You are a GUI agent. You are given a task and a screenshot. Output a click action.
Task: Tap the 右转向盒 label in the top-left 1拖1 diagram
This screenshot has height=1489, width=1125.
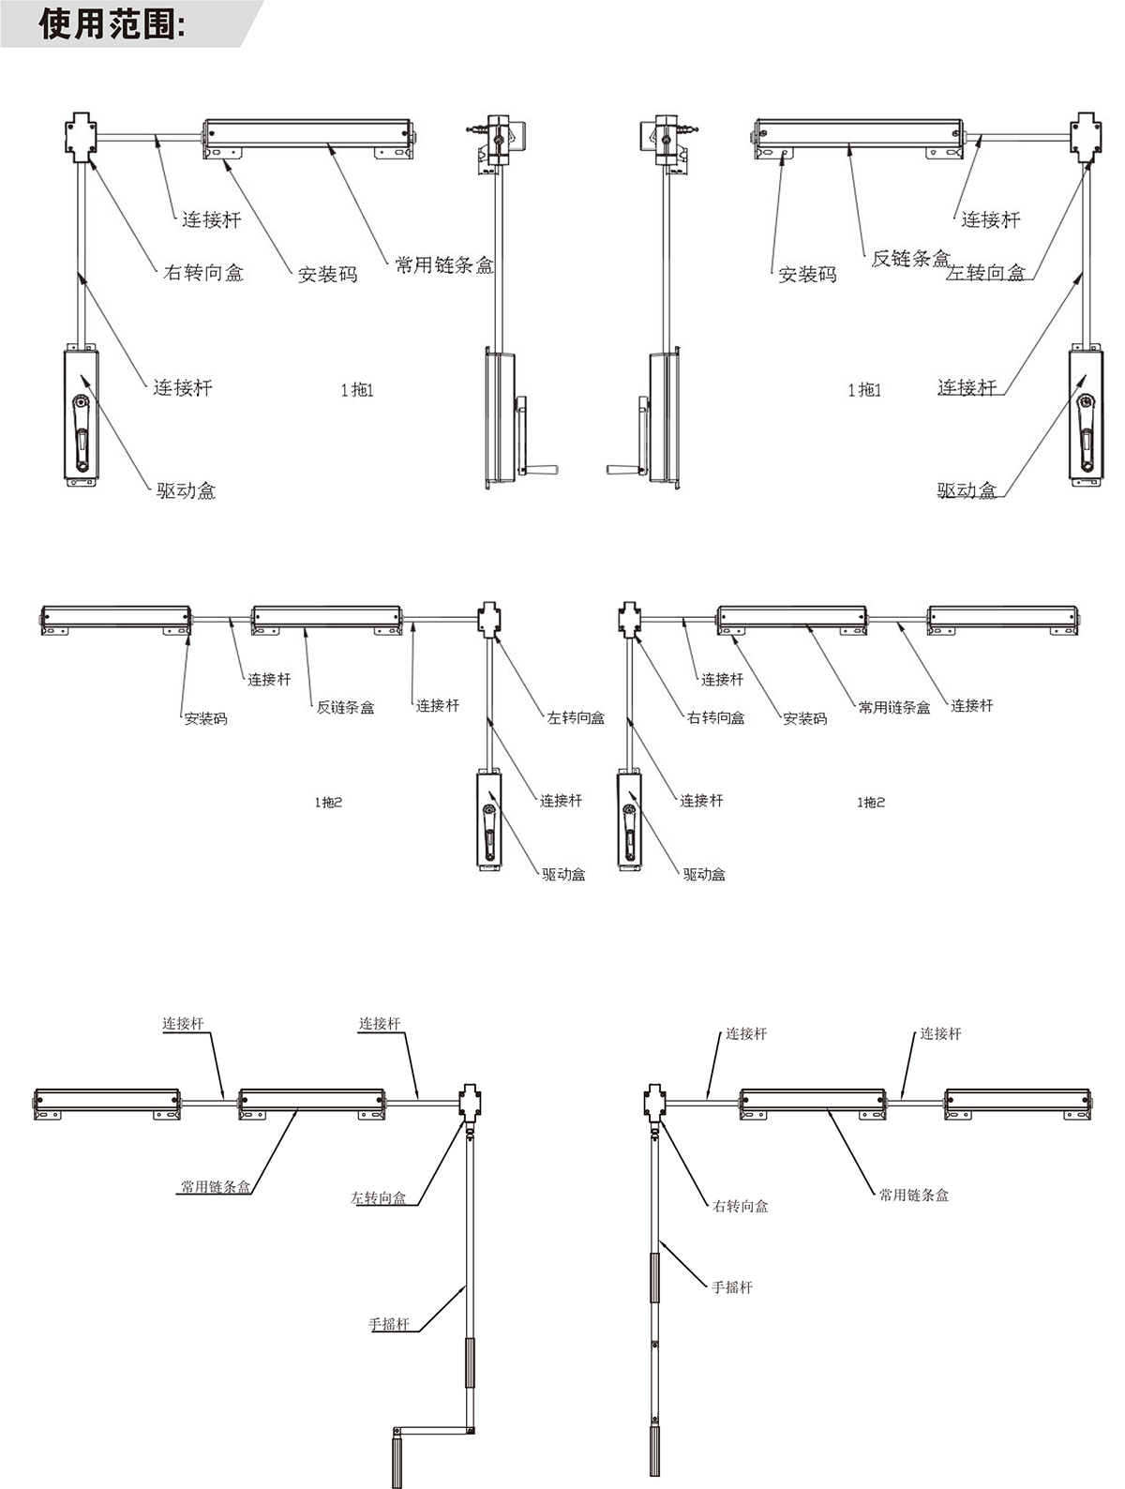[x=203, y=273]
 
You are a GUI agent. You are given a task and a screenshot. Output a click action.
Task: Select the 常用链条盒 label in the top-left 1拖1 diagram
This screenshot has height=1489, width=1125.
[x=443, y=265]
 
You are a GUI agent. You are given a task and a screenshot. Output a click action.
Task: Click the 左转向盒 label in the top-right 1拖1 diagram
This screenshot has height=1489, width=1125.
[x=986, y=273]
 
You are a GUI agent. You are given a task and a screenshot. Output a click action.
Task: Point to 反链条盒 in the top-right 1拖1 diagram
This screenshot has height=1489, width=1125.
[x=910, y=259]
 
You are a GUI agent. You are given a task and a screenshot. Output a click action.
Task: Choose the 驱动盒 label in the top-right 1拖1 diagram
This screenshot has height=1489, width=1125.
[x=967, y=490]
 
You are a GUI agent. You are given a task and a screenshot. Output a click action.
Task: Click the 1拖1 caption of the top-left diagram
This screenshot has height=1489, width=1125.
[x=356, y=390]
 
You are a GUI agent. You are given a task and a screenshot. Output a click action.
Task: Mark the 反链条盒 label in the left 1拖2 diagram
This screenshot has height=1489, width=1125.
[x=345, y=708]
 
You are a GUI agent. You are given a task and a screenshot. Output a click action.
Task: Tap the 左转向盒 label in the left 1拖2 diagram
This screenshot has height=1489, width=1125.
[x=576, y=718]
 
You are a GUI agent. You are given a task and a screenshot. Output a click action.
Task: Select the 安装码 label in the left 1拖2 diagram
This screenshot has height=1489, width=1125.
[x=205, y=719]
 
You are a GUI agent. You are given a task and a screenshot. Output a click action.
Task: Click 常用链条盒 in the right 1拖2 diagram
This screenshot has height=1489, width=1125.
[x=894, y=708]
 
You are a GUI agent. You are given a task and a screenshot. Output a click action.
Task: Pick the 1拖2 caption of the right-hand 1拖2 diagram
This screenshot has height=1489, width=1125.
[x=870, y=803]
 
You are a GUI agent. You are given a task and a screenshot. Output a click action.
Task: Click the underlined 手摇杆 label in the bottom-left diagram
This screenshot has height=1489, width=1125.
[x=389, y=1325]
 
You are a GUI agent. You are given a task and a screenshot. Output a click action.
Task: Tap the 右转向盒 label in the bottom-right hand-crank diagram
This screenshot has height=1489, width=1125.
[x=741, y=1207]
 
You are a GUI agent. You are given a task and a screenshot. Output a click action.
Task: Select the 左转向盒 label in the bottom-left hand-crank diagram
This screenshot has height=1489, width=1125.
[x=379, y=1198]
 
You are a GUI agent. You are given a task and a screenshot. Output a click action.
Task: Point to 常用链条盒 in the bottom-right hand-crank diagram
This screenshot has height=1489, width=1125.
[x=914, y=1196]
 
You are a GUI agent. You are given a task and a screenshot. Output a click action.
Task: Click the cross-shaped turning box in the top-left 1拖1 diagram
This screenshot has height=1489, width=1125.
[x=81, y=137]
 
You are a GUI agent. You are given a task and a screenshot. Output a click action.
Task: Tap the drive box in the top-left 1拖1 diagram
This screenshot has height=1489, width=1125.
[x=82, y=417]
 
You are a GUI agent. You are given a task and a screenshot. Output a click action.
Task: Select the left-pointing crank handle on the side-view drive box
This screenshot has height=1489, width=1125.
[x=622, y=467]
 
